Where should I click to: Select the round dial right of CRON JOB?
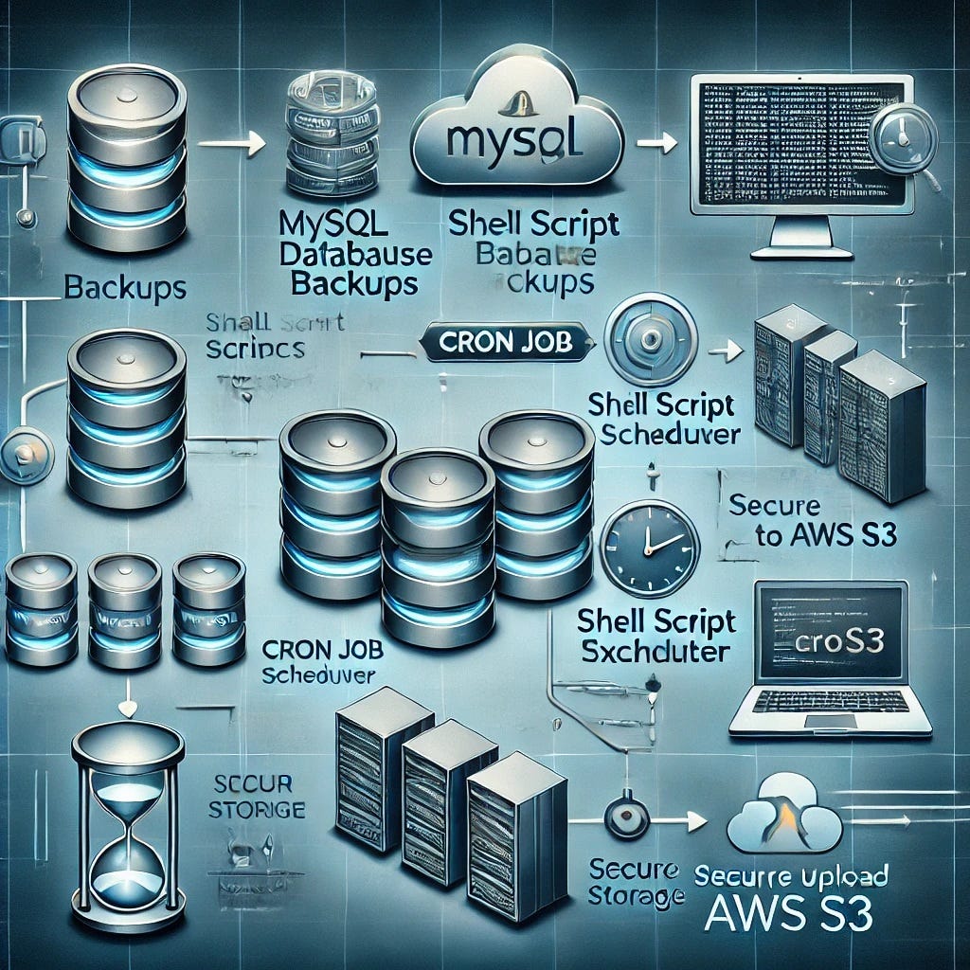coord(650,339)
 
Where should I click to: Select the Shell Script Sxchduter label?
coord(657,637)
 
